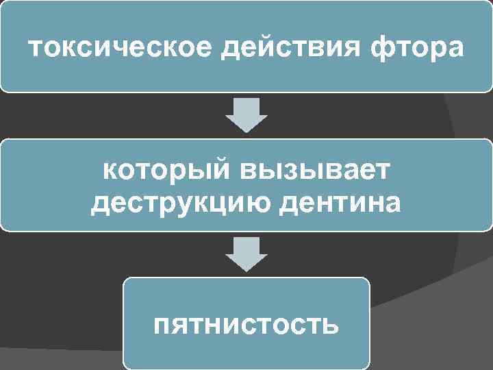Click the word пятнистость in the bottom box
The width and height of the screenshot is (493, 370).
point(246,323)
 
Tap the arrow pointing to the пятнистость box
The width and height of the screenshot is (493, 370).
point(246,254)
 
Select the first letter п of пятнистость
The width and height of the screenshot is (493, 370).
point(162,323)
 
